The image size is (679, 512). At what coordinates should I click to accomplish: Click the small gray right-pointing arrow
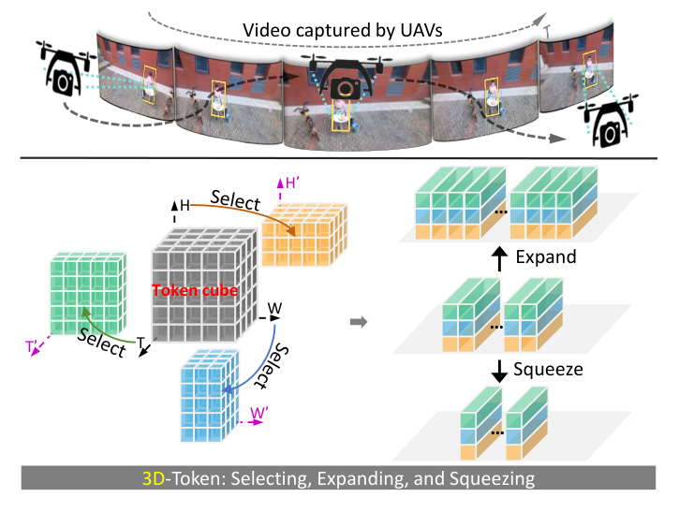[x=358, y=323]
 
